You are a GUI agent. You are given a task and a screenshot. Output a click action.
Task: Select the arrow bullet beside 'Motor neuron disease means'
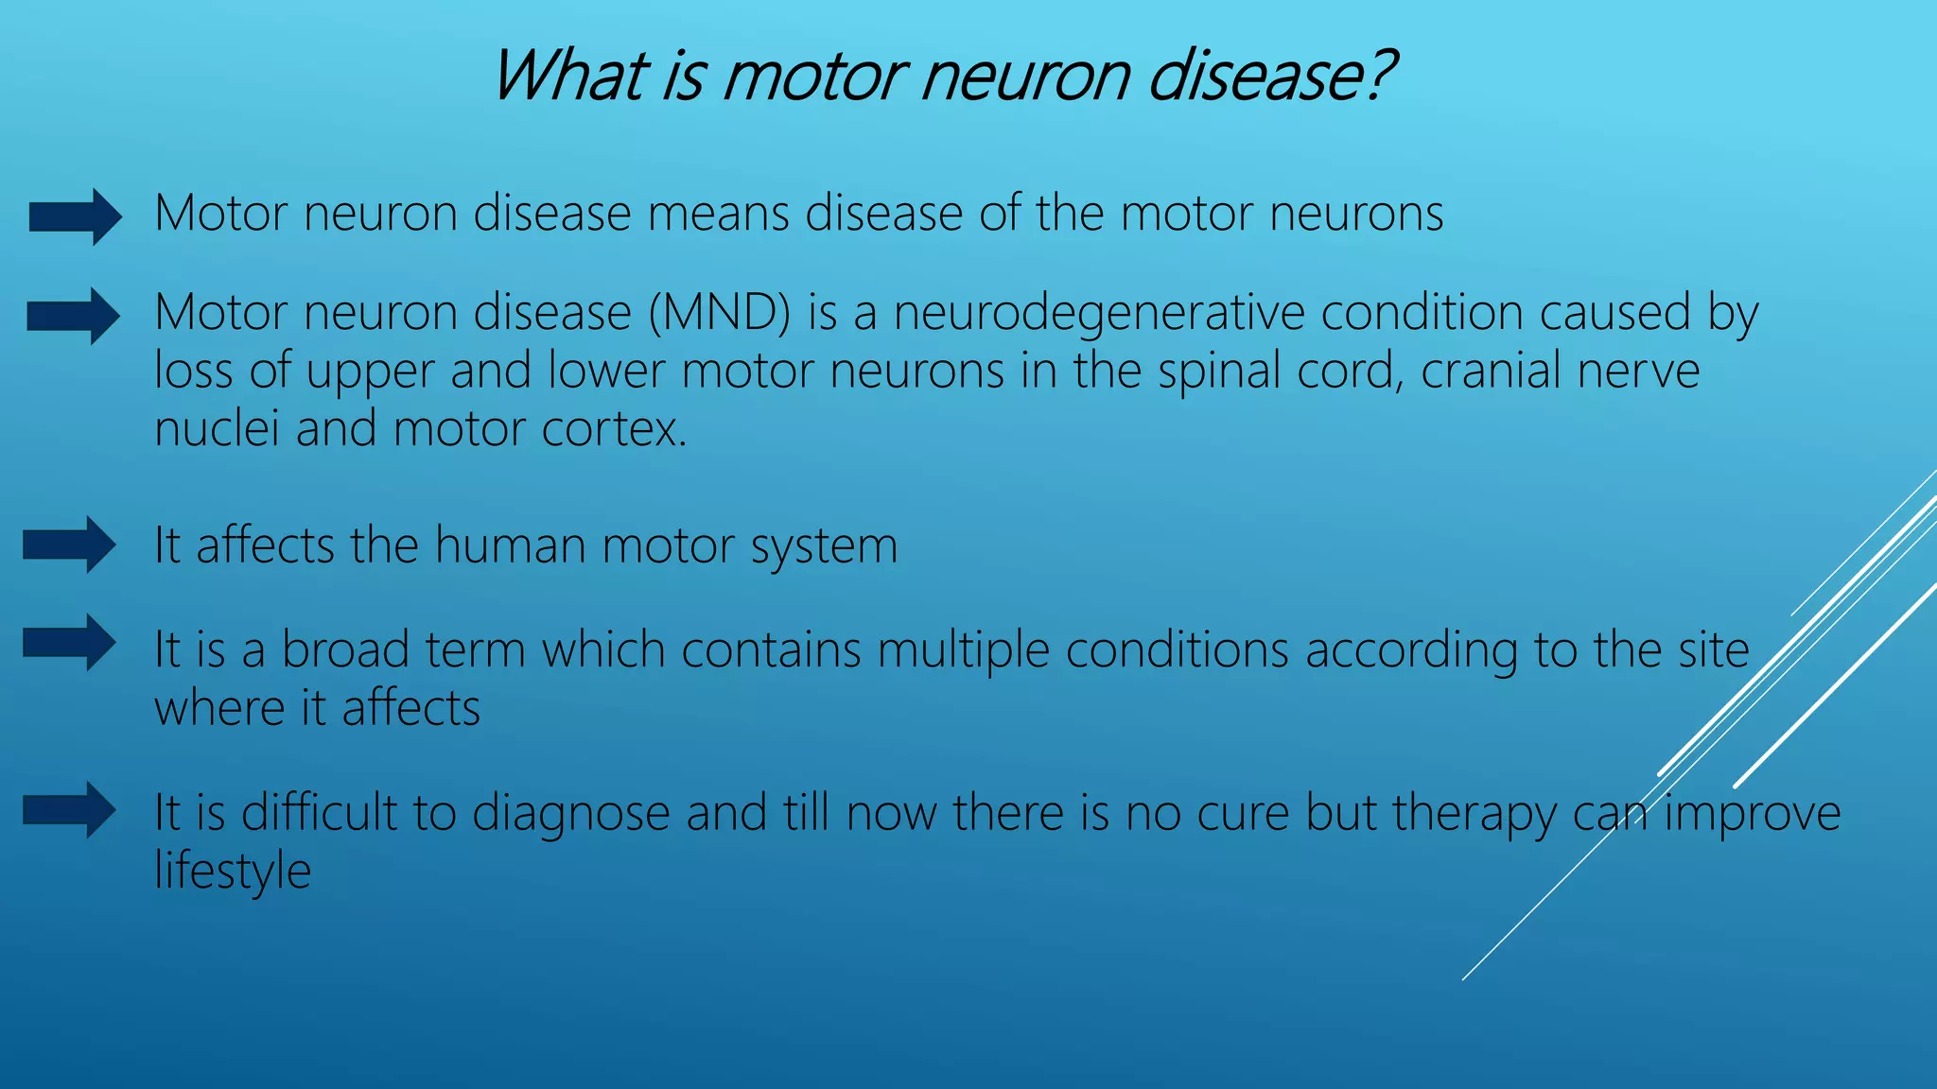pyautogui.click(x=76, y=216)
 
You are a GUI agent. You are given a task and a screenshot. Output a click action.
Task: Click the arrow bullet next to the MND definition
pyautogui.click(x=74, y=316)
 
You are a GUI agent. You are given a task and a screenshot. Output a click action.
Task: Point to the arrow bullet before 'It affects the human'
pyautogui.click(x=70, y=544)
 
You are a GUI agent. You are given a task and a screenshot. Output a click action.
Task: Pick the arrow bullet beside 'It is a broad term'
pyautogui.click(x=70, y=643)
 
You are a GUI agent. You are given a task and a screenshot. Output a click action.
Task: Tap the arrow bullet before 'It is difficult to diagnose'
pyautogui.click(x=70, y=810)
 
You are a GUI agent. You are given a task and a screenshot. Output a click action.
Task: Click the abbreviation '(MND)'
pyautogui.click(x=719, y=313)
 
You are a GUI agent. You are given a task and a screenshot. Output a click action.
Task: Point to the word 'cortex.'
pyautogui.click(x=615, y=429)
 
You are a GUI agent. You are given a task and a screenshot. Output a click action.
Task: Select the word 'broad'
pyautogui.click(x=345, y=649)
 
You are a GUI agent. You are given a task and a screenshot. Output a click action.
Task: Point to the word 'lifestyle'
pyautogui.click(x=233, y=872)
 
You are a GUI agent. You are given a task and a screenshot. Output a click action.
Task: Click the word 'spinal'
pyautogui.click(x=1218, y=372)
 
